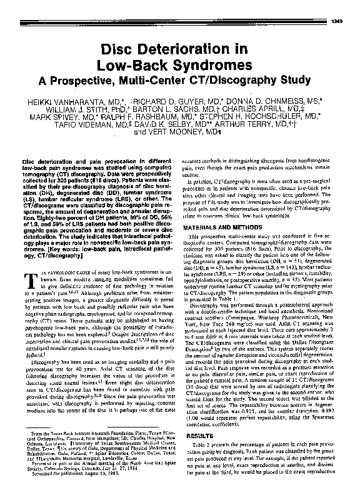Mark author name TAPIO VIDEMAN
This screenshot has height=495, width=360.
pos(94,124)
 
